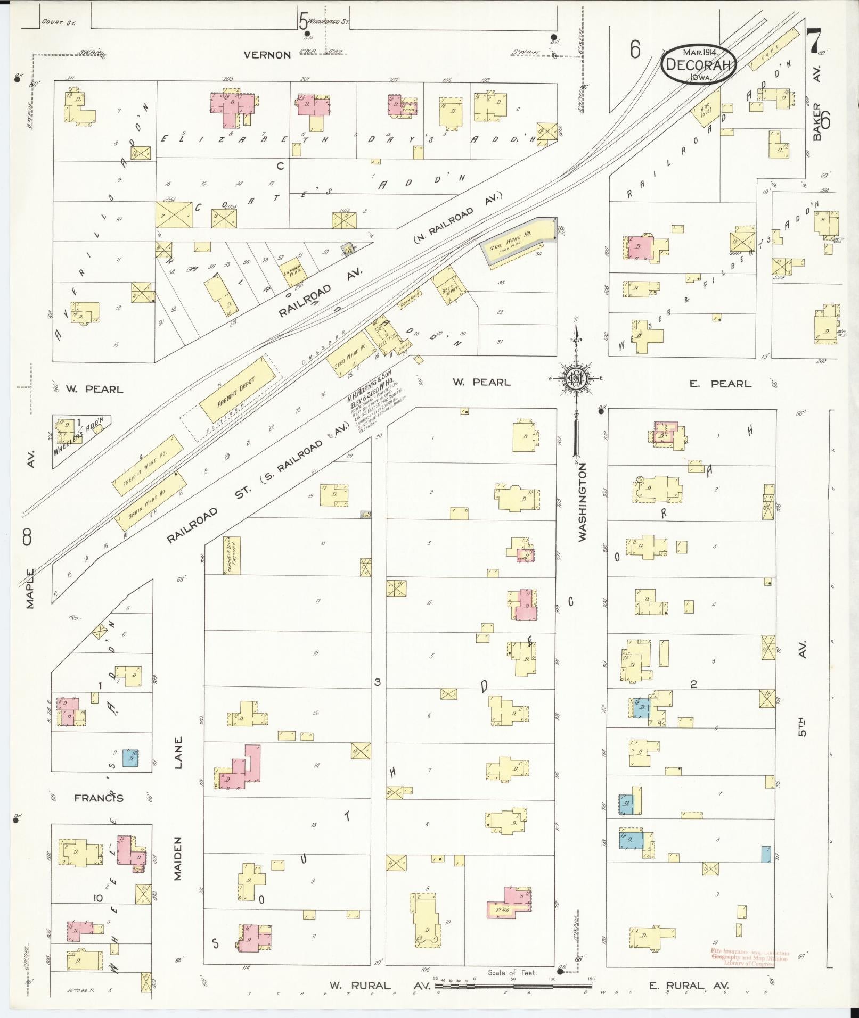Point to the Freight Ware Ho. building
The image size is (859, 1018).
(x=144, y=466)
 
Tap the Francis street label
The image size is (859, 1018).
(x=99, y=798)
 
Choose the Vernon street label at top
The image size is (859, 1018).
(x=267, y=55)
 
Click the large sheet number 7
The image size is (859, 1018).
(x=814, y=40)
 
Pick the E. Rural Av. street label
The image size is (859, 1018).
(x=688, y=986)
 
